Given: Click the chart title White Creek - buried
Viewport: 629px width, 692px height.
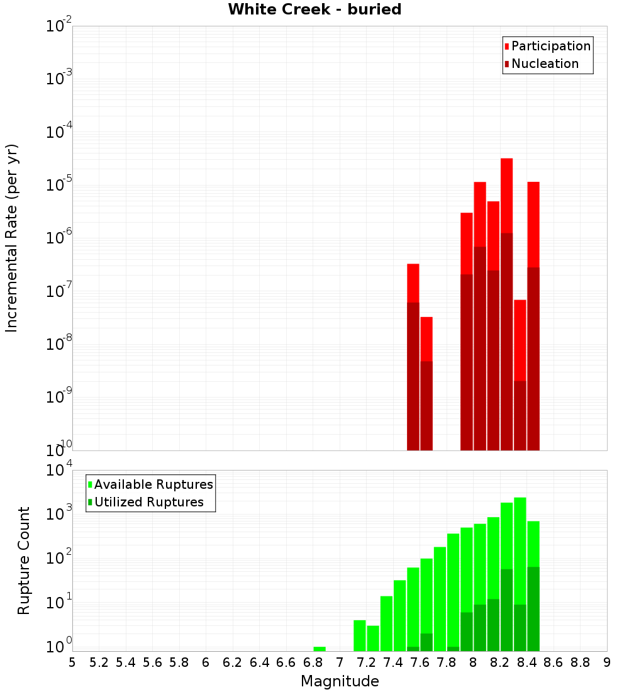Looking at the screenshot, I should click(x=314, y=9).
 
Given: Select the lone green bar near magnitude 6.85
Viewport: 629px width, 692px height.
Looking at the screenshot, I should click(x=320, y=649).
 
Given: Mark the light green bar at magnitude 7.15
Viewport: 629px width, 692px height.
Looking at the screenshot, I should click(x=360, y=635).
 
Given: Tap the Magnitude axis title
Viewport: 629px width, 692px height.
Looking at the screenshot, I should click(x=340, y=681).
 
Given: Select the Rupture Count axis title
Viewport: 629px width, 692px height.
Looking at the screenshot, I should click(x=24, y=560).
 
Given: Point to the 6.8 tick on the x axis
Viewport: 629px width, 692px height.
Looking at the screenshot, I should click(x=313, y=662).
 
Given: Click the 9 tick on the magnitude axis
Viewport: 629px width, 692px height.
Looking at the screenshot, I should click(x=606, y=662).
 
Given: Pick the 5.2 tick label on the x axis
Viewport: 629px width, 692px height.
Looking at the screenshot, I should click(x=99, y=662).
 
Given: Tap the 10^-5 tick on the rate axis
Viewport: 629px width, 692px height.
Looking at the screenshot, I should click(x=58, y=185).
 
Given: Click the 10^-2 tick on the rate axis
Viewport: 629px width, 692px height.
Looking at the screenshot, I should click(x=58, y=26).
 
